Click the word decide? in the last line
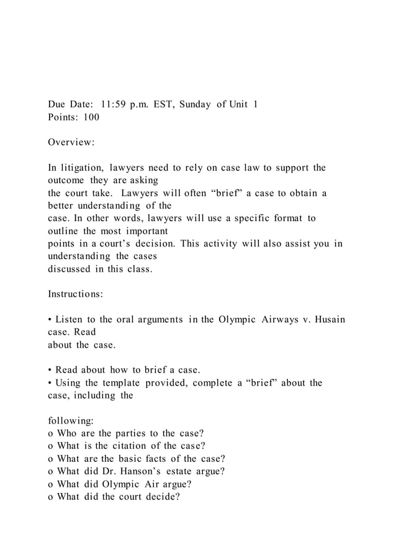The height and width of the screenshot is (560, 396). pyautogui.click(x=162, y=497)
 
